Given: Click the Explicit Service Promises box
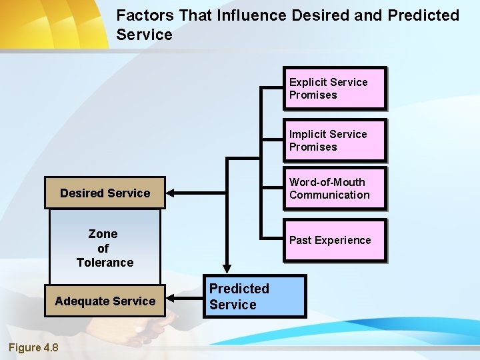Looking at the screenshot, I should coord(335,88).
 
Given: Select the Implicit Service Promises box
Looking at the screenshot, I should coord(335,140).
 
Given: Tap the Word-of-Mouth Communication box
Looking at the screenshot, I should coord(335,189).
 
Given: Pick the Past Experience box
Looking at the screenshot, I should coord(335,240).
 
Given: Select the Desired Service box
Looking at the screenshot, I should coord(105,193).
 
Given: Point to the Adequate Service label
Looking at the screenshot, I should coord(105,301).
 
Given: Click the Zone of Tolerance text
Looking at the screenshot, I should coord(105,248).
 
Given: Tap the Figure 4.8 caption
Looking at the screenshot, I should coord(33,347).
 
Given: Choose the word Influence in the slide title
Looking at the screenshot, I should coord(251,15).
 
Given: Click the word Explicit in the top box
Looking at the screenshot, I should coord(307,82).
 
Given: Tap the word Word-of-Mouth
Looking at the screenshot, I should coord(327,182).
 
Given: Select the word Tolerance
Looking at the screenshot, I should coord(105,263).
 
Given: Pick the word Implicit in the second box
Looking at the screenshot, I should coord(307,134).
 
